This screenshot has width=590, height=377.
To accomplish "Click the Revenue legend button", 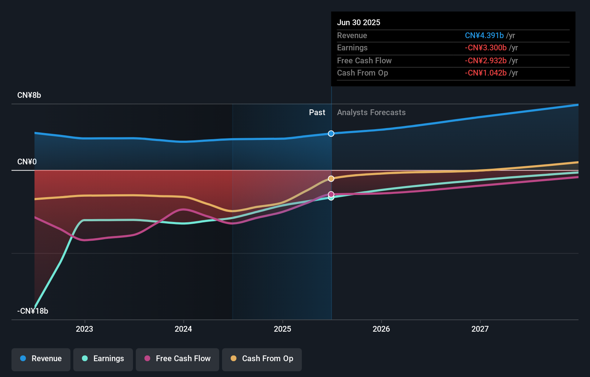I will pyautogui.click(x=41, y=359).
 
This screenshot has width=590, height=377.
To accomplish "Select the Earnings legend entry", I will pyautogui.click(x=103, y=359).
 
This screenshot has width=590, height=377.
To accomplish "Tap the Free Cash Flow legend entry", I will pyautogui.click(x=178, y=359).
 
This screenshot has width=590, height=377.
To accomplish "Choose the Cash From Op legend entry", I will pyautogui.click(x=262, y=359).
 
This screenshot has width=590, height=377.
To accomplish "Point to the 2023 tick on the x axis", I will pyautogui.click(x=84, y=329).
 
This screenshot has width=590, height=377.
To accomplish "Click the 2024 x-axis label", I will pyautogui.click(x=183, y=329).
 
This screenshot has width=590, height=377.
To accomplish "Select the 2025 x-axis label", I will pyautogui.click(x=282, y=329).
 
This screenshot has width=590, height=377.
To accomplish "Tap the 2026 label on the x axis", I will pyautogui.click(x=381, y=329).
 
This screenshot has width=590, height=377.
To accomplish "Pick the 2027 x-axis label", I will pyautogui.click(x=480, y=329).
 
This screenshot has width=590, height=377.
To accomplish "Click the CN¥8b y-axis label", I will pyautogui.click(x=29, y=95).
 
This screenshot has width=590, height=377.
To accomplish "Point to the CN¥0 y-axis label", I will pyautogui.click(x=27, y=162).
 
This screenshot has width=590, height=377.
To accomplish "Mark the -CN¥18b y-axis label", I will pyautogui.click(x=33, y=311).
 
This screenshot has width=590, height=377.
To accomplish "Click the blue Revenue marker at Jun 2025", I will pyautogui.click(x=331, y=133).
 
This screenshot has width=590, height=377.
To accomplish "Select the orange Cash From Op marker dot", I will pyautogui.click(x=331, y=179).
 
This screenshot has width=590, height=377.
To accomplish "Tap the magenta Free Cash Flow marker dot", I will pyautogui.click(x=331, y=194).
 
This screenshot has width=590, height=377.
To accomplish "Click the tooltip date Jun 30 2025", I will pyautogui.click(x=359, y=22).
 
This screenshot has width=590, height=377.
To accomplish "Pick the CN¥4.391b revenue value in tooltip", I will pyautogui.click(x=484, y=35).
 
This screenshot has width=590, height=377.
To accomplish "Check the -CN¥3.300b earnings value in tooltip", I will pyautogui.click(x=486, y=48).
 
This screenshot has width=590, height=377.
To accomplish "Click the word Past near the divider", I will pyautogui.click(x=317, y=113).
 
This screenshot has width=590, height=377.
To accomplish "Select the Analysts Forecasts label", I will pyautogui.click(x=371, y=113).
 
